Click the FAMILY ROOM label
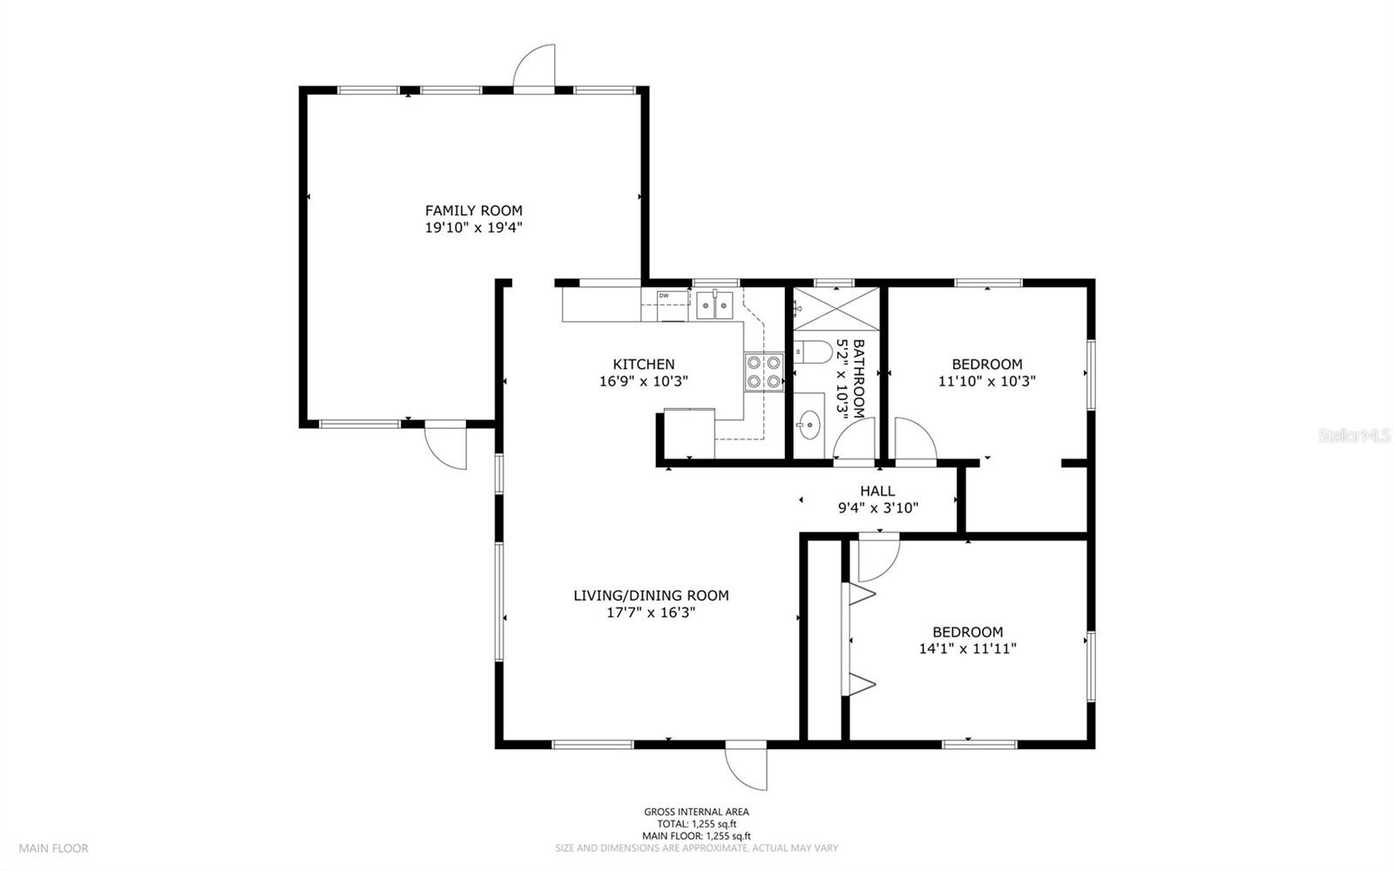(474, 210)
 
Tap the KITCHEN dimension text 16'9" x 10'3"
(644, 381)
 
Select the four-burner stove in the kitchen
(763, 372)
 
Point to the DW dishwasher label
(664, 296)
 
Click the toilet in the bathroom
(813, 352)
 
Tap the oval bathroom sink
(809, 425)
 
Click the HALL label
(877, 491)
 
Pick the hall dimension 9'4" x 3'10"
(878, 508)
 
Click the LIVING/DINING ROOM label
(651, 595)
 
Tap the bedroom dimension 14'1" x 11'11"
(968, 649)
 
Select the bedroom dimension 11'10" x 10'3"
(987, 381)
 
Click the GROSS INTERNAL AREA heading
(696, 812)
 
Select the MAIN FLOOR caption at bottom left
(53, 848)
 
